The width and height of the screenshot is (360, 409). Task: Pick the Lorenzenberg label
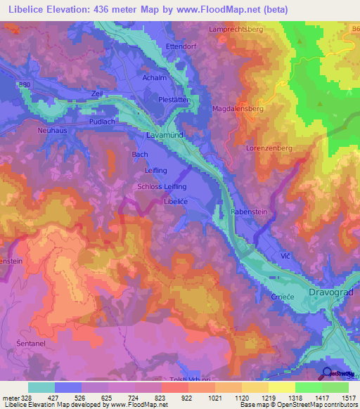tap(269, 149)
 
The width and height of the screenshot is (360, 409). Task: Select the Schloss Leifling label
tap(162, 186)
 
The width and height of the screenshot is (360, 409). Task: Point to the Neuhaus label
tap(51, 131)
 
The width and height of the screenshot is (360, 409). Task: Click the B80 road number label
tap(26, 84)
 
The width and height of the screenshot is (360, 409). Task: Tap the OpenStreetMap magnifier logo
tap(328, 373)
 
